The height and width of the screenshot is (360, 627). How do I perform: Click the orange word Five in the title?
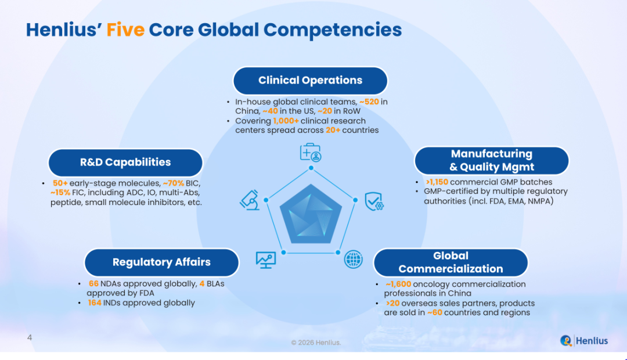click(x=125, y=30)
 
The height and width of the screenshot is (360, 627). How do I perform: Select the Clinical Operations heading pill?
click(x=310, y=81)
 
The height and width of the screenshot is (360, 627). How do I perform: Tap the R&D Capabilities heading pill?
click(x=125, y=163)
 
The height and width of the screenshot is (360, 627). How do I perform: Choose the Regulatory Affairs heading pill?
click(x=161, y=262)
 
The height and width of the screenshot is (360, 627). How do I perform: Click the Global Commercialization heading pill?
click(x=451, y=262)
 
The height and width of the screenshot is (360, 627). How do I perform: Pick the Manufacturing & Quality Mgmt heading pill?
click(x=492, y=160)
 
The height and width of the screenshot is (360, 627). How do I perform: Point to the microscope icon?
click(x=250, y=200)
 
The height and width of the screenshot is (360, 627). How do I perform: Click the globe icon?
click(x=354, y=260)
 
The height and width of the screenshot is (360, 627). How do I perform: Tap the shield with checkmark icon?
click(x=374, y=201)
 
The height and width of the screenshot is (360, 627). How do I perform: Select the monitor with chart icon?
click(x=265, y=260)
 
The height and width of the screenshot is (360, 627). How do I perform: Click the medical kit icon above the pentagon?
click(x=311, y=152)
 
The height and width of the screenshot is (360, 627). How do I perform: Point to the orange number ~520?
click(x=369, y=102)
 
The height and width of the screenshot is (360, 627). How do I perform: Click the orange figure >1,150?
click(x=437, y=182)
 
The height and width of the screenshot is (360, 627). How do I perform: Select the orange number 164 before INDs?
click(x=95, y=303)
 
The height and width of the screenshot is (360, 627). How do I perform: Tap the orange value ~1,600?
click(x=398, y=284)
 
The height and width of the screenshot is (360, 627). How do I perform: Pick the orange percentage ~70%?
click(x=174, y=183)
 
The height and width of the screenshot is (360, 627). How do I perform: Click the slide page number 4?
click(x=30, y=337)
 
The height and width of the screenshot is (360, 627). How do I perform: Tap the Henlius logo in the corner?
click(x=584, y=341)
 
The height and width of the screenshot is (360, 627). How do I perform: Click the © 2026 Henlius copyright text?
click(x=316, y=343)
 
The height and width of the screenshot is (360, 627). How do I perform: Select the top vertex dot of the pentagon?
click(x=311, y=168)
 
